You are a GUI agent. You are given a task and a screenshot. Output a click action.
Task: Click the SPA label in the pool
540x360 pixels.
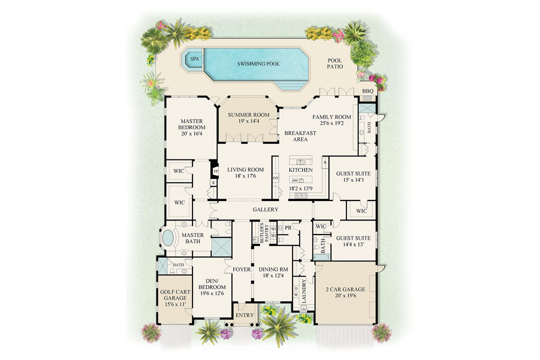[193, 59]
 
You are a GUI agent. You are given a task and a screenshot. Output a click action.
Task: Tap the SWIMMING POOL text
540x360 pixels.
[258, 64]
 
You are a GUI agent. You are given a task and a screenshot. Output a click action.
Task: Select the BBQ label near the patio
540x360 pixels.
[368, 91]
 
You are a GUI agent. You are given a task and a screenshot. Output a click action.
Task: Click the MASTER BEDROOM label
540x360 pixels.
[191, 124]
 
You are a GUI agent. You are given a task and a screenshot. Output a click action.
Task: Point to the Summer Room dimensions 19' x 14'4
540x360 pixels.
[248, 121]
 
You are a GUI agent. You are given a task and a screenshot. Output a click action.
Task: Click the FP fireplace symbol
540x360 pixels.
[216, 171]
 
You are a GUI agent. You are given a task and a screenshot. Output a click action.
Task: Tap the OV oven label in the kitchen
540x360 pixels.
[275, 178]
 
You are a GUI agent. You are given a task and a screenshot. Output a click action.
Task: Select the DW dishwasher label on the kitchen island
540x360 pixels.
[295, 180]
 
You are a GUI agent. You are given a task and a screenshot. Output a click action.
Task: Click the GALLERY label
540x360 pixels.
[265, 209]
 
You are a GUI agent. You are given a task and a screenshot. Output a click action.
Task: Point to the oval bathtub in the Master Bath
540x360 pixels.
[168, 238]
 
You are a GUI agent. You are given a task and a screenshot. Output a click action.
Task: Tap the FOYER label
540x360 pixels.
[241, 269]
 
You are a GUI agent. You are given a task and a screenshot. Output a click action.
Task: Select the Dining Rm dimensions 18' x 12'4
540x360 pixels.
[273, 276]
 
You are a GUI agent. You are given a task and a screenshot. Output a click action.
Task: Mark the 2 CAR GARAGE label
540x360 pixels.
[345, 289]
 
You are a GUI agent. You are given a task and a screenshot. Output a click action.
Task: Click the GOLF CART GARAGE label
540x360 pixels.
[173, 294]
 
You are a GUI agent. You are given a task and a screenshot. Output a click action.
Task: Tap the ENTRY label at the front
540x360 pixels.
[245, 315]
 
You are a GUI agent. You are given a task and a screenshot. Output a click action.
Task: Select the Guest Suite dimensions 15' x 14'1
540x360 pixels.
[353, 180]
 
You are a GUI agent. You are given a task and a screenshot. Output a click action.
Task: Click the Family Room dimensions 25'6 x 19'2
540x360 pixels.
[332, 124]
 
